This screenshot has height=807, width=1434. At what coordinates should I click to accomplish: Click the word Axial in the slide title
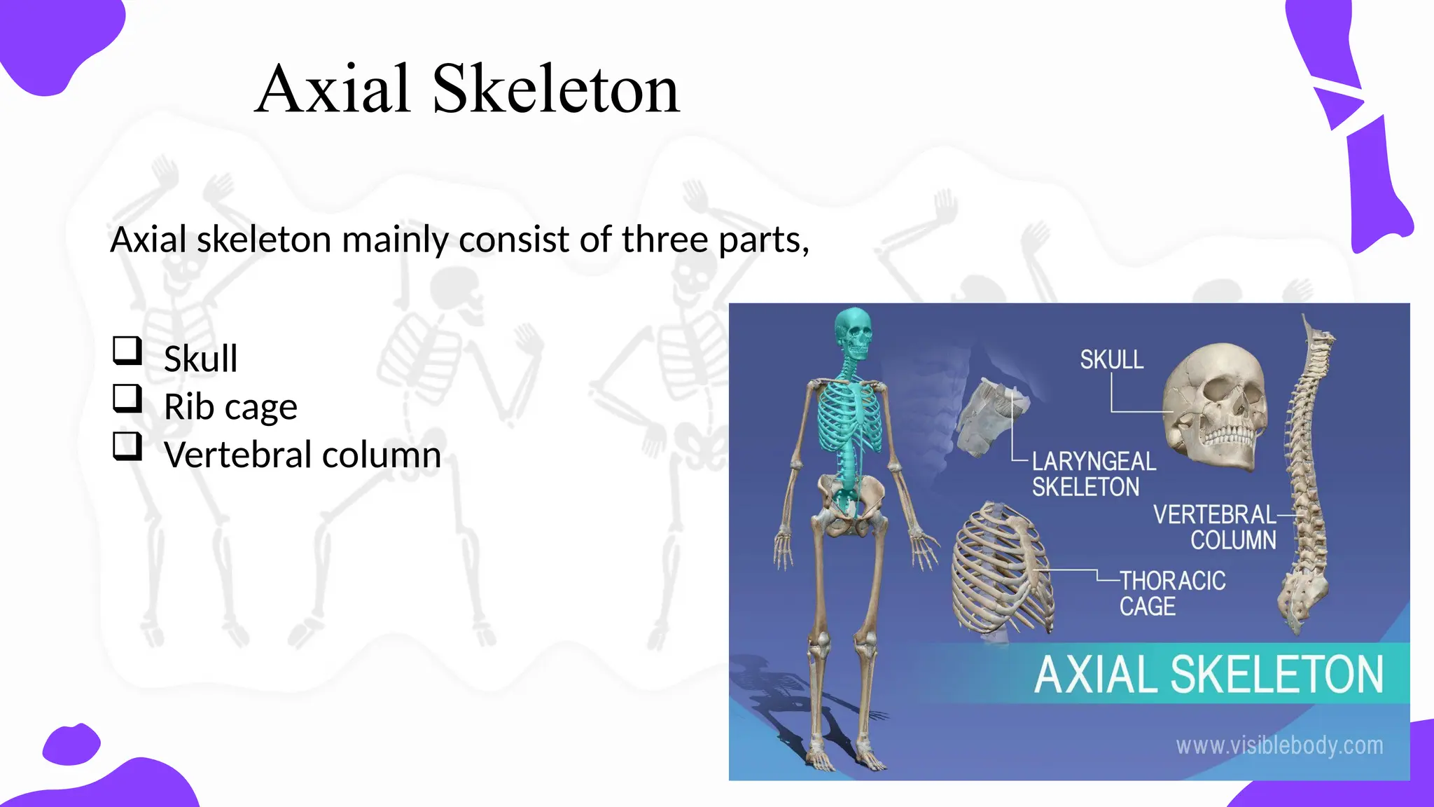[x=332, y=90]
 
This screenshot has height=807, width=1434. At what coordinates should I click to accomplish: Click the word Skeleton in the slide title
[x=556, y=90]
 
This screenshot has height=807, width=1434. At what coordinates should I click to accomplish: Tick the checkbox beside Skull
[x=127, y=350]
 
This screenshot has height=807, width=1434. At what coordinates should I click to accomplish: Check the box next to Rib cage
[x=127, y=399]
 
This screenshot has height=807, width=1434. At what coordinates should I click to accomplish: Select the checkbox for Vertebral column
[x=127, y=446]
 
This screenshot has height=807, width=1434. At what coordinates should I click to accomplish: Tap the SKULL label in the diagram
[x=1111, y=360]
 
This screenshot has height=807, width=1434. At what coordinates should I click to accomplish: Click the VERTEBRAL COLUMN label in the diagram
[x=1215, y=527]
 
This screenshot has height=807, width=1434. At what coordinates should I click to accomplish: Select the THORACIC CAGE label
[x=1172, y=593]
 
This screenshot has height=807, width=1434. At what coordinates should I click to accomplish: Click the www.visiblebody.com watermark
[x=1279, y=745]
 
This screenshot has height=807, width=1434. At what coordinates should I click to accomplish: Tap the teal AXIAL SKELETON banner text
[x=1209, y=675]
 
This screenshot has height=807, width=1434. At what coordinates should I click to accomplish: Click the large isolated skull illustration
[x=1216, y=406]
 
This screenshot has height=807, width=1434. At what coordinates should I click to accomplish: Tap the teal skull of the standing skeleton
[x=854, y=334]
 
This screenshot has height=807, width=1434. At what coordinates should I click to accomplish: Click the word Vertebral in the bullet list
[x=238, y=455]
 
